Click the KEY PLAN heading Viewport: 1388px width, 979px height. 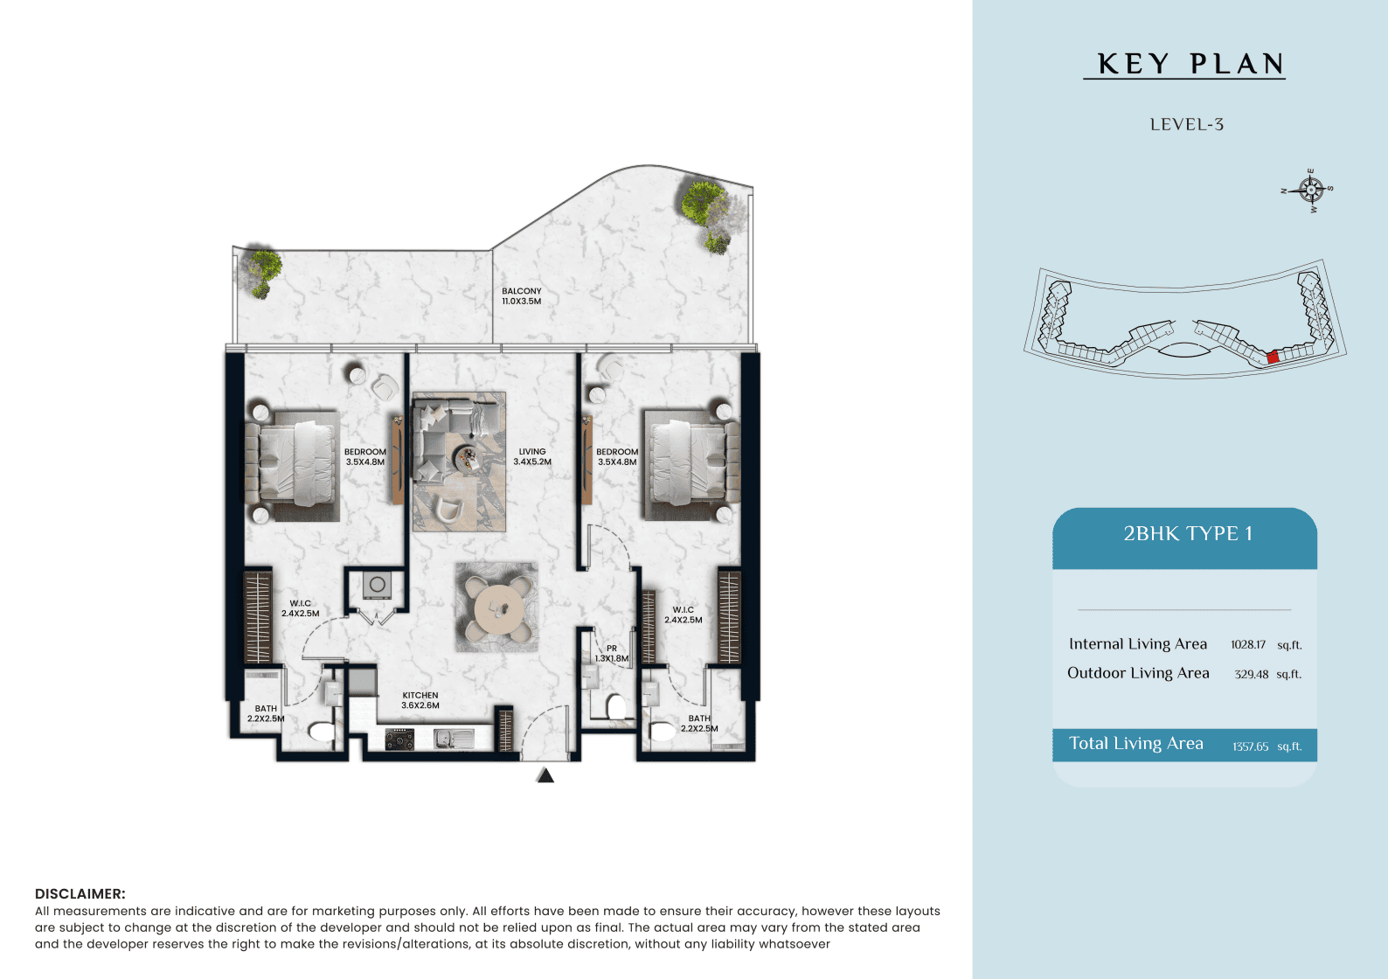pos(1190,65)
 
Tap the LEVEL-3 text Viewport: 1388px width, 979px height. pos(1187,124)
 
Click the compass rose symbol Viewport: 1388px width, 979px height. pos(1309,190)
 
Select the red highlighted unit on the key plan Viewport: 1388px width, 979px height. pos(1273,357)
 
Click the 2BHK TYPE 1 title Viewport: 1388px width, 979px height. pos(1188,533)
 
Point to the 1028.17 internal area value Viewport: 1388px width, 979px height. pos(1248,644)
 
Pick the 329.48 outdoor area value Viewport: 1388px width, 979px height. pos(1251,674)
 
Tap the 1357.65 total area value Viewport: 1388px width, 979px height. pos(1250,746)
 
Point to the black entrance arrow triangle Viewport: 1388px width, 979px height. pos(545,775)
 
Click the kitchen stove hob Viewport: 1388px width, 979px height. pos(399,738)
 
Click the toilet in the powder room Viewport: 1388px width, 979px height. pos(616,706)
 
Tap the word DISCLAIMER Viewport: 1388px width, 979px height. pos(80,894)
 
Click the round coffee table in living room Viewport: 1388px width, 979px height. pos(467,459)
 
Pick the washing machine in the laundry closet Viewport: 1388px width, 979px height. pos(377,585)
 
